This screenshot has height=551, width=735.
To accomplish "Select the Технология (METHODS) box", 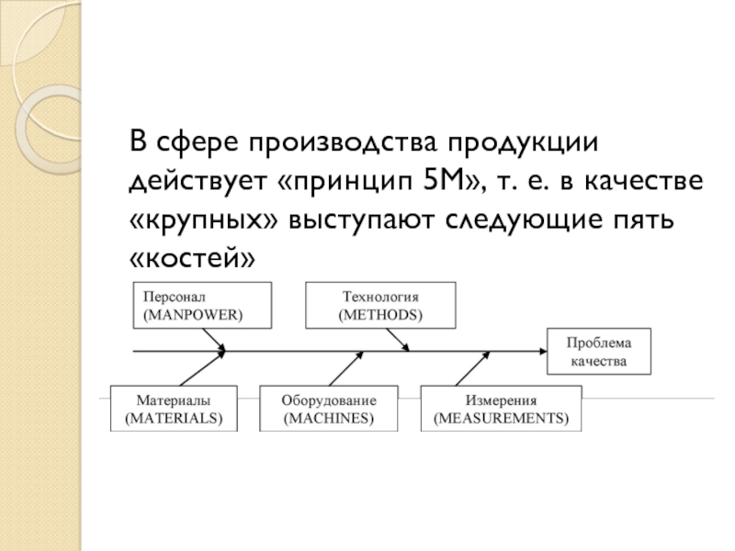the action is click(380, 305).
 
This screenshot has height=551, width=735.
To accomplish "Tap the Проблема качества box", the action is click(599, 352).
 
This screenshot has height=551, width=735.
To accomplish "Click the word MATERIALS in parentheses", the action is click(174, 418).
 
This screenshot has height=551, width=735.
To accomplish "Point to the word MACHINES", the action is click(329, 418).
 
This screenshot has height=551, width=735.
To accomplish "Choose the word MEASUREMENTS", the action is click(501, 418).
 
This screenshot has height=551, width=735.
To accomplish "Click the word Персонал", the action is click(175, 297).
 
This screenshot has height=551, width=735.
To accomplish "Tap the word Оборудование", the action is click(329, 400).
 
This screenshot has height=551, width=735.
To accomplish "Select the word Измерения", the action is click(501, 400).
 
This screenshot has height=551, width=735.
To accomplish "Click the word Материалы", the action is click(174, 400).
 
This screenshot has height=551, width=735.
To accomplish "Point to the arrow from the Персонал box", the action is click(214, 340).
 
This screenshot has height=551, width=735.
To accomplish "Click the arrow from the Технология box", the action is click(398, 340).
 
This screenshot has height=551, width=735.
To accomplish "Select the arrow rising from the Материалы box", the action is click(203, 368).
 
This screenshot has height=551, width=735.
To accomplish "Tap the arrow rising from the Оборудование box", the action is click(346, 369).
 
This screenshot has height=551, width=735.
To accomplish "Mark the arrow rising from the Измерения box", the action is click(472, 369).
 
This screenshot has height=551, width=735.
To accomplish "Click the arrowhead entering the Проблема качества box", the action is click(543, 352).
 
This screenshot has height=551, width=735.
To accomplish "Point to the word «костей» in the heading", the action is click(192, 258).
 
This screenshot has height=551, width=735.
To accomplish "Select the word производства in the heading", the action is click(342, 142).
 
